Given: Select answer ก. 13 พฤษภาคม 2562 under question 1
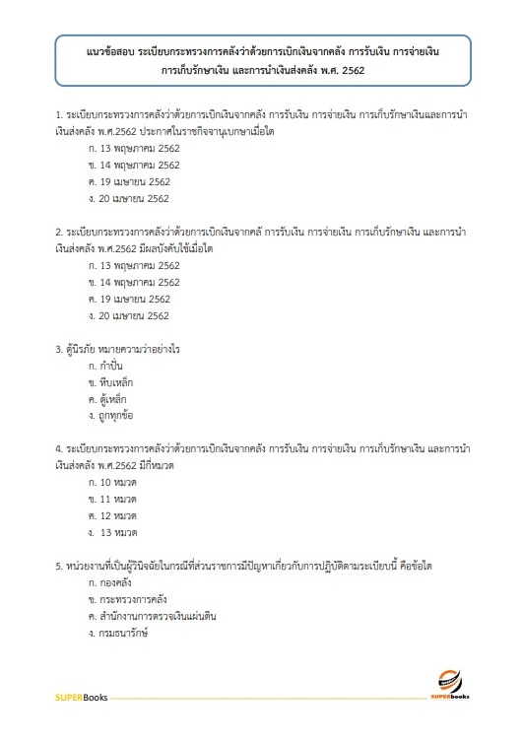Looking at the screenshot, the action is [134, 148].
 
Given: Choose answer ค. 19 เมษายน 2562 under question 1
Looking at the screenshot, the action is [129, 181].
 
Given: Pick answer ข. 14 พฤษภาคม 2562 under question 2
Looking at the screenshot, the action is [134, 282].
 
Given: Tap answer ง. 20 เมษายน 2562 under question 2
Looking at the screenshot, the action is [129, 315].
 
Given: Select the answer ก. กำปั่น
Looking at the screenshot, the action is [105, 366].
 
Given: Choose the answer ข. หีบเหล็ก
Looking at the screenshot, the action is [109, 382].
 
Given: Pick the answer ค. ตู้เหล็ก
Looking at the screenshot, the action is [107, 399].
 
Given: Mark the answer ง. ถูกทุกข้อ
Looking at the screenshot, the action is [111, 416].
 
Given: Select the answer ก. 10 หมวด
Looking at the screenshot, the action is [112, 483].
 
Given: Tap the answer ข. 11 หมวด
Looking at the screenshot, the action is [112, 500].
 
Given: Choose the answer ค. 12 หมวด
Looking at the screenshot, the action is [112, 516].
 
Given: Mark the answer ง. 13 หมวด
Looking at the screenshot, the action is [113, 533].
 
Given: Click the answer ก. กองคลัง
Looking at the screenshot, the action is [110, 583].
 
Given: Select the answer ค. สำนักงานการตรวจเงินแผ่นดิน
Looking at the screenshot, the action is [152, 617].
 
